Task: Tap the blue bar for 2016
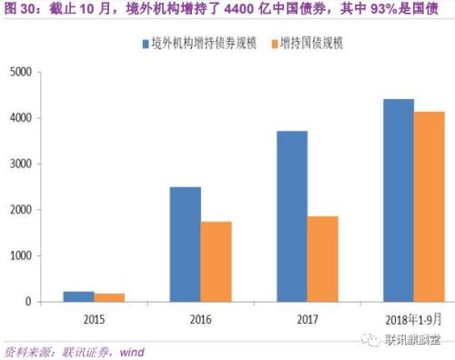tap(186, 244)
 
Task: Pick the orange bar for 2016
tap(215, 261)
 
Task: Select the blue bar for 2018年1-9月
tap(398, 200)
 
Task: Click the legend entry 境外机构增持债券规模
tap(202, 43)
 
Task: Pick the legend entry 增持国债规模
tap(313, 43)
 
